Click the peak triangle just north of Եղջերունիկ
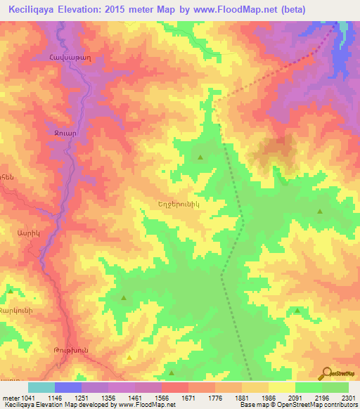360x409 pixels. [x=201, y=157]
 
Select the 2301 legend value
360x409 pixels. [x=349, y=398]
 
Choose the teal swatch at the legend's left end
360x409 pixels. [x=41, y=387]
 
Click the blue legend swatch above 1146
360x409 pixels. [x=67, y=387]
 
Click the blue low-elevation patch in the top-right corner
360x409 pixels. [x=343, y=42]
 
